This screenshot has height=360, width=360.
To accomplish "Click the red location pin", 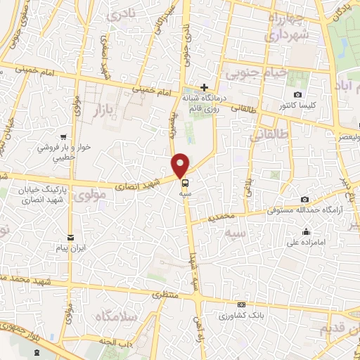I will [x=181, y=165].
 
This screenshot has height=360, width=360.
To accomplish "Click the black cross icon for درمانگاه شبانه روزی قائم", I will [x=204, y=88].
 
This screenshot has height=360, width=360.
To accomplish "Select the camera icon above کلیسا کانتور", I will [x=298, y=95].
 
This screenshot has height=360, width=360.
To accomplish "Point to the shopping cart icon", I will [x=64, y=137].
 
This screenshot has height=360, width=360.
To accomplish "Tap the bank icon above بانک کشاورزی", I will [x=241, y=304].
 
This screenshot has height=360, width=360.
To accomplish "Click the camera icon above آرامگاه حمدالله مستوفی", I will [x=304, y=200].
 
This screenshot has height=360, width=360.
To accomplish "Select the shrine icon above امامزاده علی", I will [x=306, y=233].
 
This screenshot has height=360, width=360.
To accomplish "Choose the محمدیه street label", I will [x=221, y=218].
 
